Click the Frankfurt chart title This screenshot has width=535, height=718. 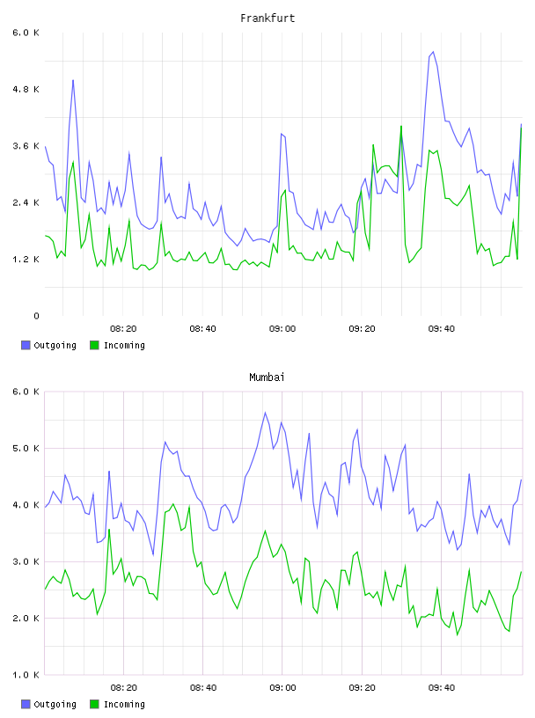tap(267, 18)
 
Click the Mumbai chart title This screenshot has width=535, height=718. tap(267, 377)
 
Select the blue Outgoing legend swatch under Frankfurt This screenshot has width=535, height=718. tap(26, 345)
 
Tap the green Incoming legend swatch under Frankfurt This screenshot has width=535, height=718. tap(94, 345)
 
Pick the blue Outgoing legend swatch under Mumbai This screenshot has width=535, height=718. tap(26, 704)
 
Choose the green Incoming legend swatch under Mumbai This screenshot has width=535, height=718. tap(94, 704)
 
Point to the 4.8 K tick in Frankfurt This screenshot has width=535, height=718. tap(26, 89)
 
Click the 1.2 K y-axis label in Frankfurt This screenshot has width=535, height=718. tap(26, 260)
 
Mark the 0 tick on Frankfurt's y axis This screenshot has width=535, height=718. tap(36, 316)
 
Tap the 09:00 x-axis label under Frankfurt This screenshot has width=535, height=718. tap(282, 329)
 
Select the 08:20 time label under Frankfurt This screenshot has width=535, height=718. tap(123, 329)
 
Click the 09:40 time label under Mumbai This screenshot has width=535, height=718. tap(442, 688)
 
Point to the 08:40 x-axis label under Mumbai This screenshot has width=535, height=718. tap(203, 688)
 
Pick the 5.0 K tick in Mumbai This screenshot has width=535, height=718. tap(26, 448)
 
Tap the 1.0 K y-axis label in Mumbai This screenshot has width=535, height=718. tap(26, 675)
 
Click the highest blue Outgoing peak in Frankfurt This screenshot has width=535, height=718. tap(433, 52)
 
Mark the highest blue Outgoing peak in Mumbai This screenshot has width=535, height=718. tap(265, 412)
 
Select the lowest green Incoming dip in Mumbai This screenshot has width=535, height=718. tap(458, 634)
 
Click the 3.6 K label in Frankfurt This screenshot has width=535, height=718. tap(26, 145)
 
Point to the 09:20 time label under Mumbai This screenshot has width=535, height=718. tap(362, 688)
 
